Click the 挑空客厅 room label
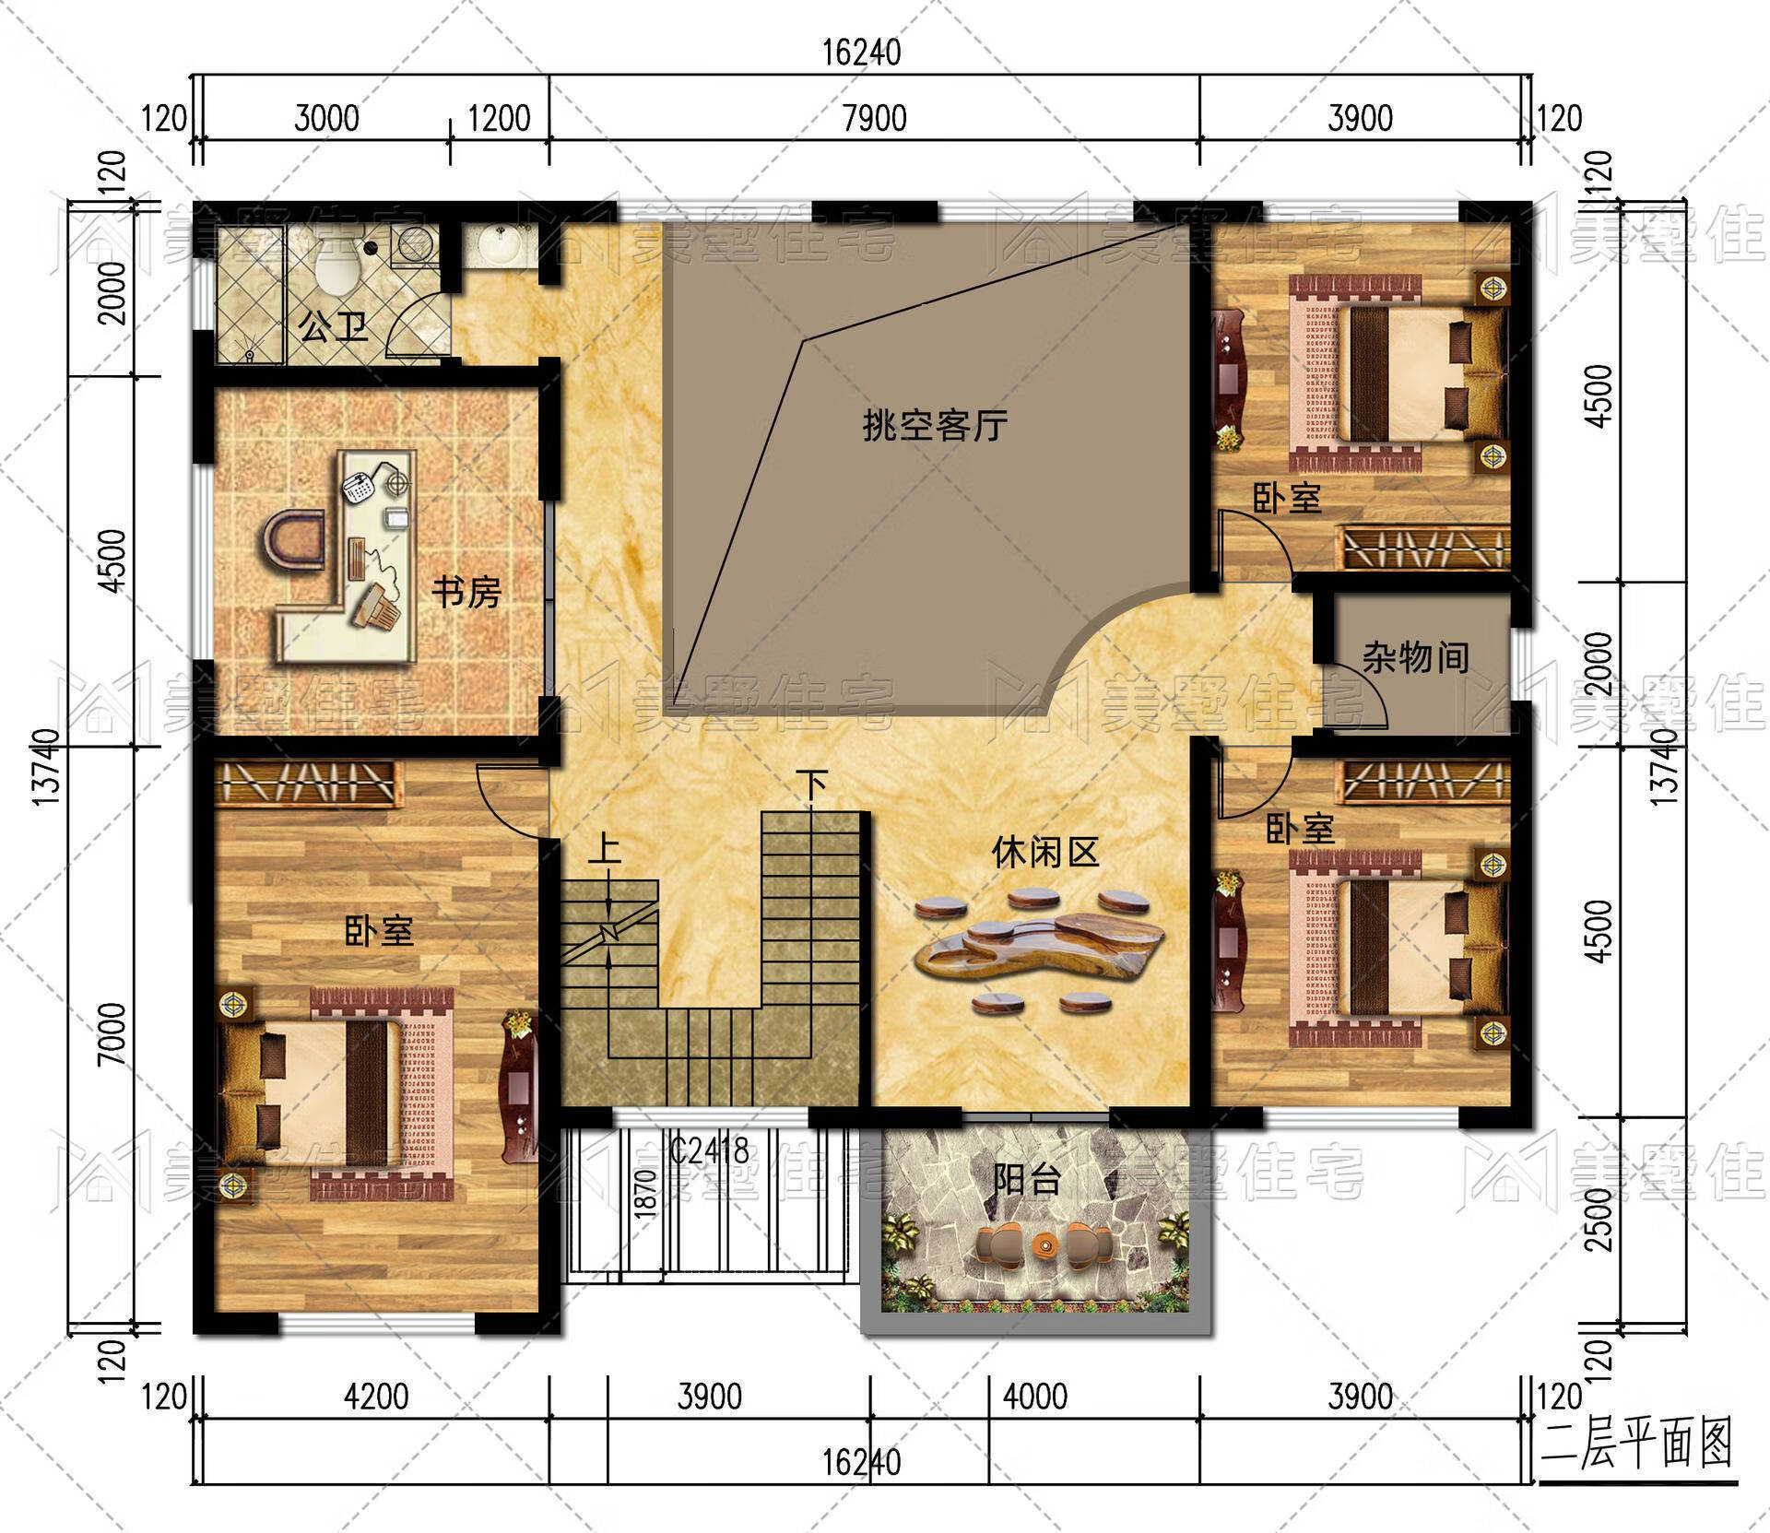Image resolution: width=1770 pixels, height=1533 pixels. (x=934, y=426)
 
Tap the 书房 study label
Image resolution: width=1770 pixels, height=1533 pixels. (x=466, y=592)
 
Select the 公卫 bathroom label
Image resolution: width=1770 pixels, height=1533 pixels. (x=334, y=326)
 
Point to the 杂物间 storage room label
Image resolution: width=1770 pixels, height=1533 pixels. (x=1415, y=658)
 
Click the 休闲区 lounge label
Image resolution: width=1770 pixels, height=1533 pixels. (x=1045, y=853)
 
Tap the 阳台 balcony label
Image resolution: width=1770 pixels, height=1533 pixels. (x=1027, y=1179)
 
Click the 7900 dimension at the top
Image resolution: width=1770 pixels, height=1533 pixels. (x=874, y=119)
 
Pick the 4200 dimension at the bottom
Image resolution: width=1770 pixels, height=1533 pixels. (x=376, y=1397)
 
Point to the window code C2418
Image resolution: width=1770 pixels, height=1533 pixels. (x=709, y=1150)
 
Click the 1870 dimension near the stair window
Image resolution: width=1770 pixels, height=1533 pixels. (x=646, y=1194)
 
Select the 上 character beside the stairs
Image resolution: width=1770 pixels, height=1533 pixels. (x=605, y=848)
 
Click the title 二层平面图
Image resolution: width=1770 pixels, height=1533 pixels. (x=1637, y=1445)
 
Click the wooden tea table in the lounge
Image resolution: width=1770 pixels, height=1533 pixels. (x=1042, y=949)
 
